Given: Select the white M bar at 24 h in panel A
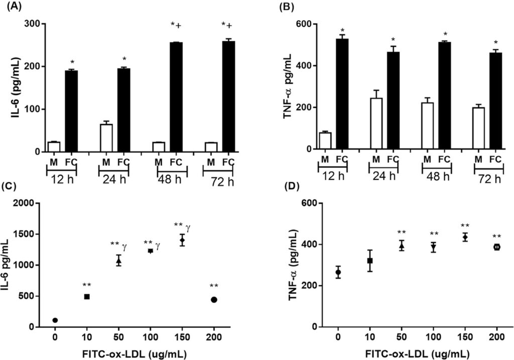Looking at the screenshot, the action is point(106,138).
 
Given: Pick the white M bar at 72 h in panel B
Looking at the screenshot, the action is point(478,128).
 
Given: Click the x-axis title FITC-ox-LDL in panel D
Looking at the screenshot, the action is point(403,354).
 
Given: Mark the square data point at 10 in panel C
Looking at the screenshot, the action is point(87,296).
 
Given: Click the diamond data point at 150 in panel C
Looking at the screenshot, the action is point(182,240).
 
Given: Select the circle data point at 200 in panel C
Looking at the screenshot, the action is point(214,300).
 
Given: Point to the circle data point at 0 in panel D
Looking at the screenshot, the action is point(338,272).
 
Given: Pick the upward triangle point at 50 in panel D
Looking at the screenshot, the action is point(402,246).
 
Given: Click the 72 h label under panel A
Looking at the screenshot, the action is point(222,181).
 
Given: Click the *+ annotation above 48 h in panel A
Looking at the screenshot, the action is point(176,25).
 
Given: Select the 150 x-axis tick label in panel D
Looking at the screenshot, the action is point(465,337).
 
